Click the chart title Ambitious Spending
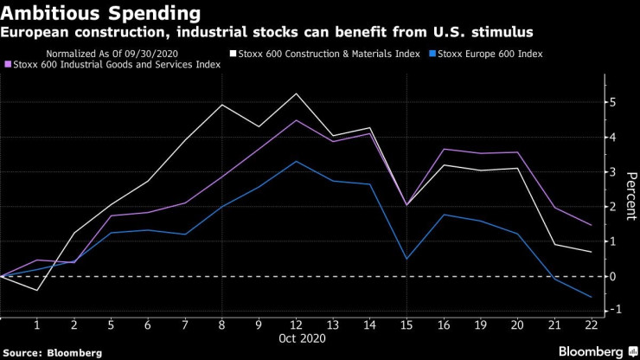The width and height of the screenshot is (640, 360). pyautogui.click(x=102, y=14)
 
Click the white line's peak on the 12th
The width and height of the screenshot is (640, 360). pyautogui.click(x=297, y=93)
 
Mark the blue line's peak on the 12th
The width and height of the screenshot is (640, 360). pyautogui.click(x=297, y=162)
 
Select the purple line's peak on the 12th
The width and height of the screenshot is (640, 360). pyautogui.click(x=297, y=120)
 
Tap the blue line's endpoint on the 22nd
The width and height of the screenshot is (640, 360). pyautogui.click(x=591, y=297)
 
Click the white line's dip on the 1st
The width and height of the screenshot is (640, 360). pyautogui.click(x=37, y=290)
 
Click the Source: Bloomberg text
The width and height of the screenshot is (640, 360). pyautogui.click(x=51, y=353)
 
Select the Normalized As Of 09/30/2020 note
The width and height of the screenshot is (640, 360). pyautogui.click(x=126, y=55)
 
